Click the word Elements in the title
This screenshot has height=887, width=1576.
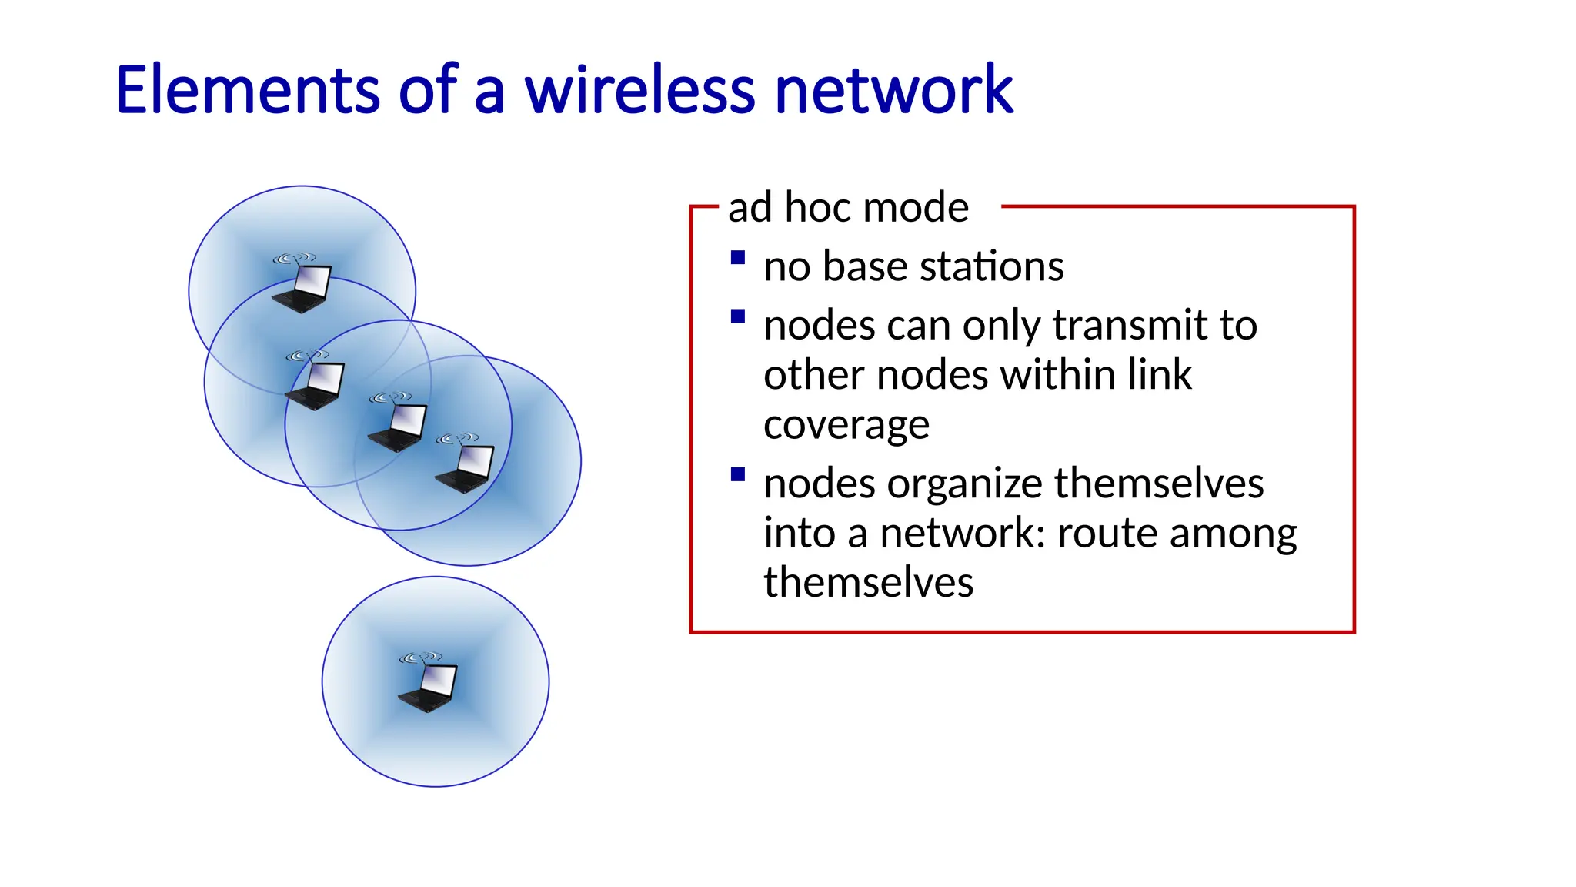click(248, 90)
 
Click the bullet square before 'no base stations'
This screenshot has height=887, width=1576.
click(738, 258)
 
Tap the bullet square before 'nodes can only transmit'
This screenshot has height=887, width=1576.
click(738, 316)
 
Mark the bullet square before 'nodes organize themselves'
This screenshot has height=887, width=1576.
click(738, 474)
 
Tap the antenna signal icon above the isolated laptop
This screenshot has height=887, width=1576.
click(420, 658)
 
